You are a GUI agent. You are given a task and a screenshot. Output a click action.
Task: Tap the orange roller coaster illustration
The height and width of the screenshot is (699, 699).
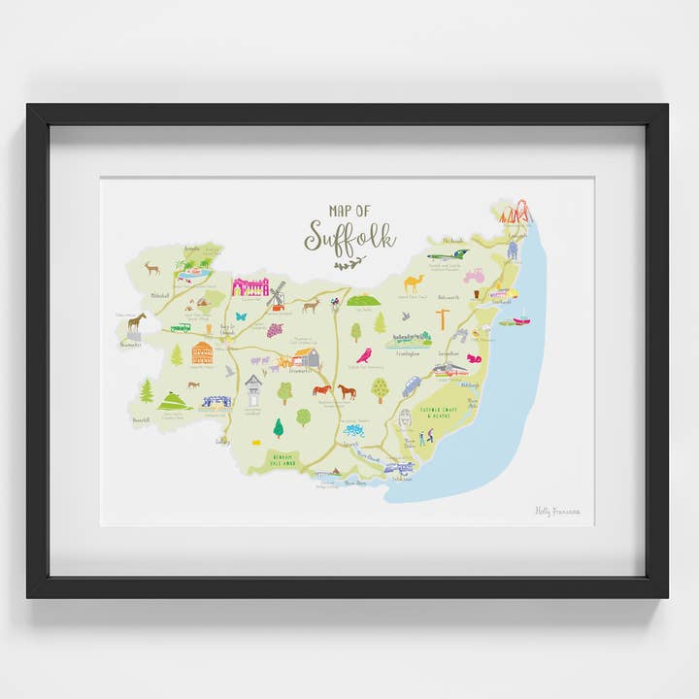(x=515, y=212)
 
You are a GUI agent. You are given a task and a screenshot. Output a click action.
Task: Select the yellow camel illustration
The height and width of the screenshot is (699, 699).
(x=413, y=283)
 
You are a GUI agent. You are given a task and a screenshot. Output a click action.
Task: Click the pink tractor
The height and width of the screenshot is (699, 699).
(x=474, y=276)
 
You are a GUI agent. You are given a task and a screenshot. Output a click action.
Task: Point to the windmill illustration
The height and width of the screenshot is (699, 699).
(x=277, y=294)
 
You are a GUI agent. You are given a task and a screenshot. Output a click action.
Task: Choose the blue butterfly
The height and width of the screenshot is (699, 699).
(x=240, y=316)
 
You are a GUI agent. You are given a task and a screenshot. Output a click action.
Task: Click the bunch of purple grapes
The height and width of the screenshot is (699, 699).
(x=275, y=330)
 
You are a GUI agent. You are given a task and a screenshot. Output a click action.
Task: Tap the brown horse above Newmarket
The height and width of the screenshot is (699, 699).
(x=136, y=320)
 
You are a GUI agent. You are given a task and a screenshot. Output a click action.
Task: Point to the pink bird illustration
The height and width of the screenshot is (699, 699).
(x=364, y=355)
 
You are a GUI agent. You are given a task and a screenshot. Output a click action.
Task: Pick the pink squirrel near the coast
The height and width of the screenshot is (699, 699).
(x=475, y=358)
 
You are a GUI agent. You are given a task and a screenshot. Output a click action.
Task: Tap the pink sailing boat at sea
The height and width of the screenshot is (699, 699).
(x=522, y=316)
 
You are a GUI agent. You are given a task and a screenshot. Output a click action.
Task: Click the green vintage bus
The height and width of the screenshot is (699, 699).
(x=181, y=327)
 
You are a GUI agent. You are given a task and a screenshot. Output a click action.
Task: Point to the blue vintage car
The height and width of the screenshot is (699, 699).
(x=412, y=386)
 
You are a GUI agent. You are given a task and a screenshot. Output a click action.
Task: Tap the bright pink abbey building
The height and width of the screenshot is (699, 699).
(x=250, y=286)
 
